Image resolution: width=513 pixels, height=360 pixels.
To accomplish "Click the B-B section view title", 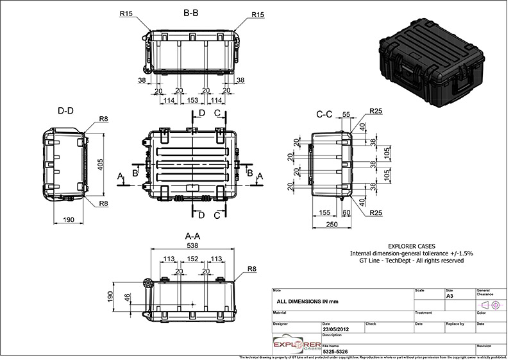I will tap(190, 12).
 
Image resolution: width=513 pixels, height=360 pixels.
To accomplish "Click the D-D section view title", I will tap(65, 111).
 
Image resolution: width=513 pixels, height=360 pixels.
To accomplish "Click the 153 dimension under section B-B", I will tap(192, 101).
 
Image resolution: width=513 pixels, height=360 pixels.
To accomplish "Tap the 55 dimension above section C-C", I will tap(346, 115).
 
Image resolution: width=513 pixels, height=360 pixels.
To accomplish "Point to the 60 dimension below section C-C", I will tap(347, 212).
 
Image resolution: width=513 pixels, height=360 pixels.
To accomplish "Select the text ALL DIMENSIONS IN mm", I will tap(307, 300).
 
